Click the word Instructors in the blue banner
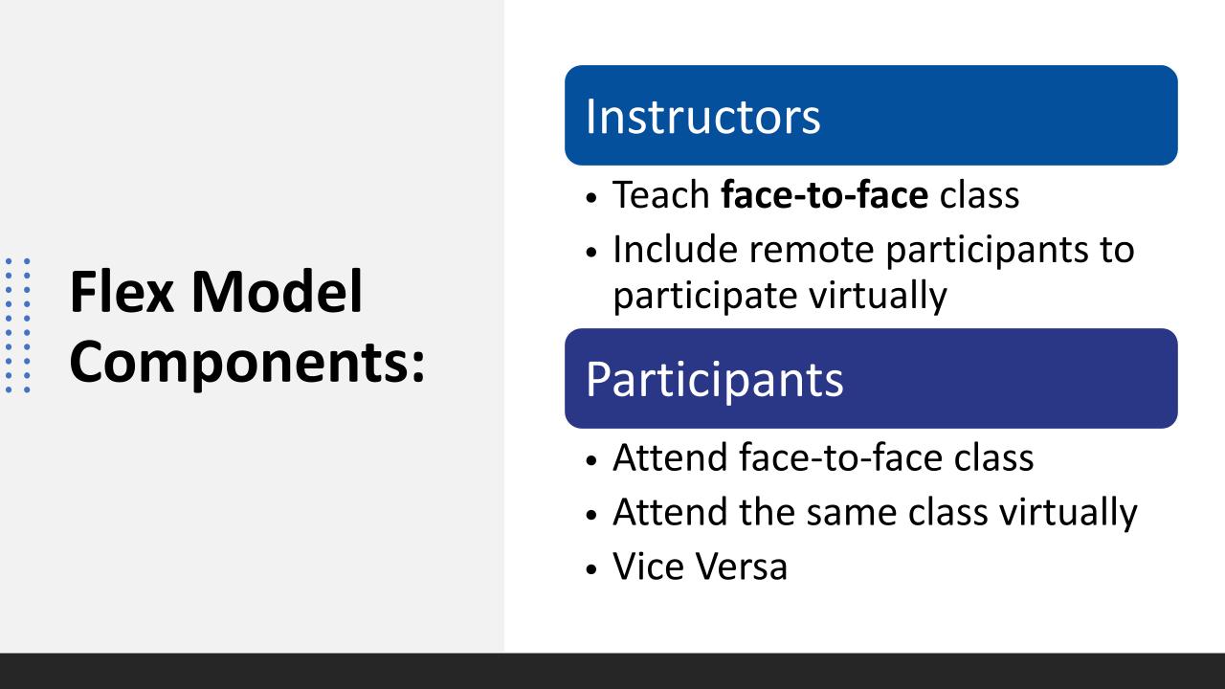pyautogui.click(x=702, y=117)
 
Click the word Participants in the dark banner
pyautogui.click(x=714, y=381)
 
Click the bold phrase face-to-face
pyautogui.click(x=825, y=194)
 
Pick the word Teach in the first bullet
pyautogui.click(x=661, y=194)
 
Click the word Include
pyautogui.click(x=675, y=250)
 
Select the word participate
pyautogui.click(x=705, y=297)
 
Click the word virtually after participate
pyautogui.click(x=878, y=297)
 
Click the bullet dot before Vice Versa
pyautogui.click(x=590, y=569)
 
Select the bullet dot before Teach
pyautogui.click(x=590, y=197)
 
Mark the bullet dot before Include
pyautogui.click(x=590, y=252)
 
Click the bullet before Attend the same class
pyautogui.click(x=590, y=515)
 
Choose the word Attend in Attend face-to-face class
pyautogui.click(x=670, y=457)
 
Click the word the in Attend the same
pyautogui.click(x=767, y=512)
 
